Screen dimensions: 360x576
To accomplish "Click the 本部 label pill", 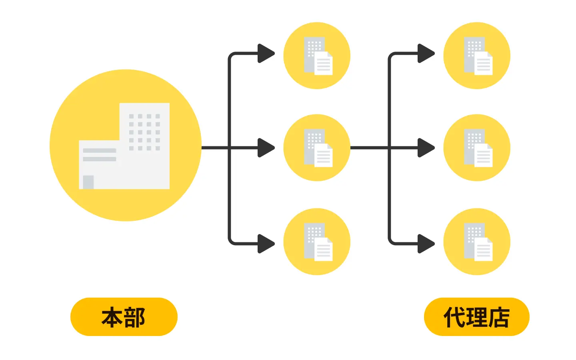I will (124, 317).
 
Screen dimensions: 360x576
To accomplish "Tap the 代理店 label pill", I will (476, 317).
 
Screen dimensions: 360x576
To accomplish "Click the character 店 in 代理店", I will (499, 318).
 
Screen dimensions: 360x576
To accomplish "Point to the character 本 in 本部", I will (112, 318).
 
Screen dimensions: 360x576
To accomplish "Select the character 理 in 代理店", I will (476, 318).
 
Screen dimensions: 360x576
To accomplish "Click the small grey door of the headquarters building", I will (88, 182).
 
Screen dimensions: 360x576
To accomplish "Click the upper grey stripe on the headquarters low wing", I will (99, 150).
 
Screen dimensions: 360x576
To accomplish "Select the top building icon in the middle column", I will (317, 56).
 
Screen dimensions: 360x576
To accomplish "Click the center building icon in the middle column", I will (317, 148).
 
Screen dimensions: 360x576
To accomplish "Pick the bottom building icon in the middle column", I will (317, 242).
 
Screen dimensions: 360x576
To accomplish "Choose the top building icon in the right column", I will (477, 56).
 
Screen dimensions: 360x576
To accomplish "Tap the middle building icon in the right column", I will (477, 148).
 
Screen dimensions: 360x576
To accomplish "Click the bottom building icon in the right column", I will (477, 242).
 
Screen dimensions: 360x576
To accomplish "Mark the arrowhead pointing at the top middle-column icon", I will (266, 54).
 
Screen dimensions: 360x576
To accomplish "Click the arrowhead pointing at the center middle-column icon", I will (266, 148).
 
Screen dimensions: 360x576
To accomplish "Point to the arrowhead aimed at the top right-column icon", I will (426, 54).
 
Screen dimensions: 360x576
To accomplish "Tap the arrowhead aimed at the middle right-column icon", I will (426, 148).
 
